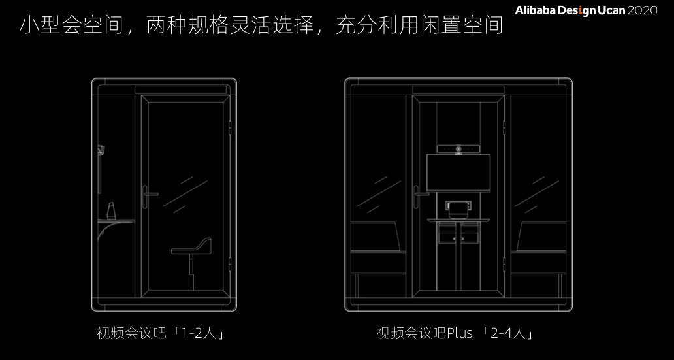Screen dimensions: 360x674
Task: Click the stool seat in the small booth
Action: [192, 246]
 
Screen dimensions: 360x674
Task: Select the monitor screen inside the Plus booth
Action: [457, 172]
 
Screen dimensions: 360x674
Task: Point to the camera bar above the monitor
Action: [457, 149]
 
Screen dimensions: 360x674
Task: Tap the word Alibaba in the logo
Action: [534, 11]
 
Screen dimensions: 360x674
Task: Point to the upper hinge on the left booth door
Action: [231, 125]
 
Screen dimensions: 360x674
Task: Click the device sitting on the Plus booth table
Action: [458, 208]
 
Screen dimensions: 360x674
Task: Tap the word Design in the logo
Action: [571, 11]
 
